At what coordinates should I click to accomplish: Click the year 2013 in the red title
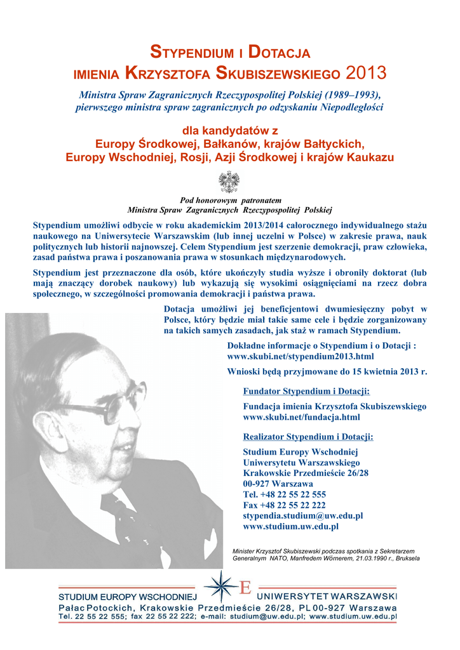click(x=367, y=72)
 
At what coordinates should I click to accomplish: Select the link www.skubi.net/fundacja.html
click(x=301, y=417)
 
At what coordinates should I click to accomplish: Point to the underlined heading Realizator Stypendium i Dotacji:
click(x=308, y=437)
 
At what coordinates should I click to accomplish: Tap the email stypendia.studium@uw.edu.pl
click(x=303, y=516)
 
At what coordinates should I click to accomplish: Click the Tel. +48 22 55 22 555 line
click(x=285, y=494)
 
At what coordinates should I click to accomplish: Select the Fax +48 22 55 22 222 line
click(x=285, y=505)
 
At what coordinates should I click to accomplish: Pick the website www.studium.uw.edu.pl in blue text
click(x=291, y=526)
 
